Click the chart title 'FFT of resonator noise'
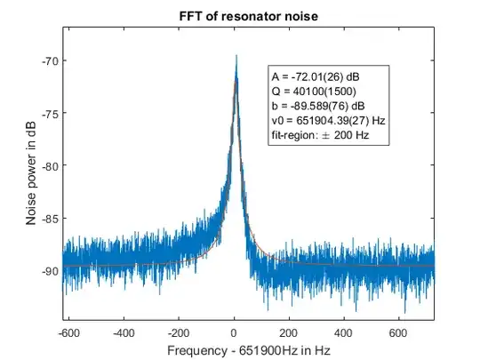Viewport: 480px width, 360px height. [248, 14]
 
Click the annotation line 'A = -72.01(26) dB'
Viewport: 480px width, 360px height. [316, 77]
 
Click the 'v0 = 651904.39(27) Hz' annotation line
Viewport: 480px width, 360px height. [328, 120]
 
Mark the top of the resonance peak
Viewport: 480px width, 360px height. [236, 55]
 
